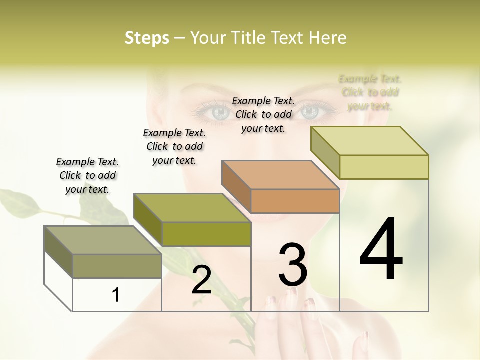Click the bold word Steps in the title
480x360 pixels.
(146, 38)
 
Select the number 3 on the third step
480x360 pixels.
(293, 265)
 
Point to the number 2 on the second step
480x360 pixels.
(201, 280)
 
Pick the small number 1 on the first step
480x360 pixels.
(115, 295)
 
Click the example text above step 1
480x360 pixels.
(87, 175)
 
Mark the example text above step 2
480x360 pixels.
(174, 146)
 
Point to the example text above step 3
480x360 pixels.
(263, 114)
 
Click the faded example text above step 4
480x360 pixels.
(370, 92)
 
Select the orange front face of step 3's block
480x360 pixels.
(295, 201)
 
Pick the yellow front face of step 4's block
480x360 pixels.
(384, 167)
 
